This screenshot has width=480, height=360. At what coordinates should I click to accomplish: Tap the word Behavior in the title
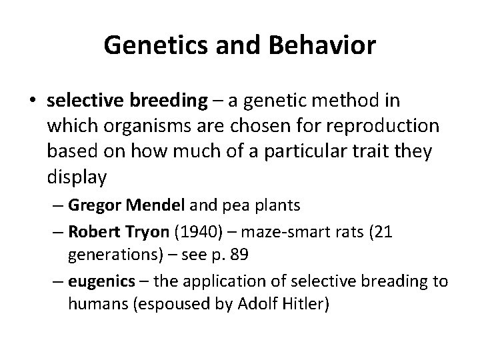coord(321,46)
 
